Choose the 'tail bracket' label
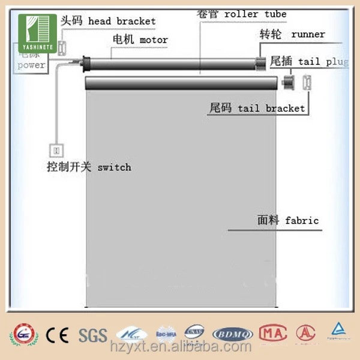(x=271, y=109)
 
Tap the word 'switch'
(x=114, y=167)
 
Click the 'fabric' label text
(x=302, y=220)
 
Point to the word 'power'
(x=31, y=65)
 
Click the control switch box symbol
(x=58, y=148)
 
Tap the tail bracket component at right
(x=307, y=82)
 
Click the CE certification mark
(x=58, y=334)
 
